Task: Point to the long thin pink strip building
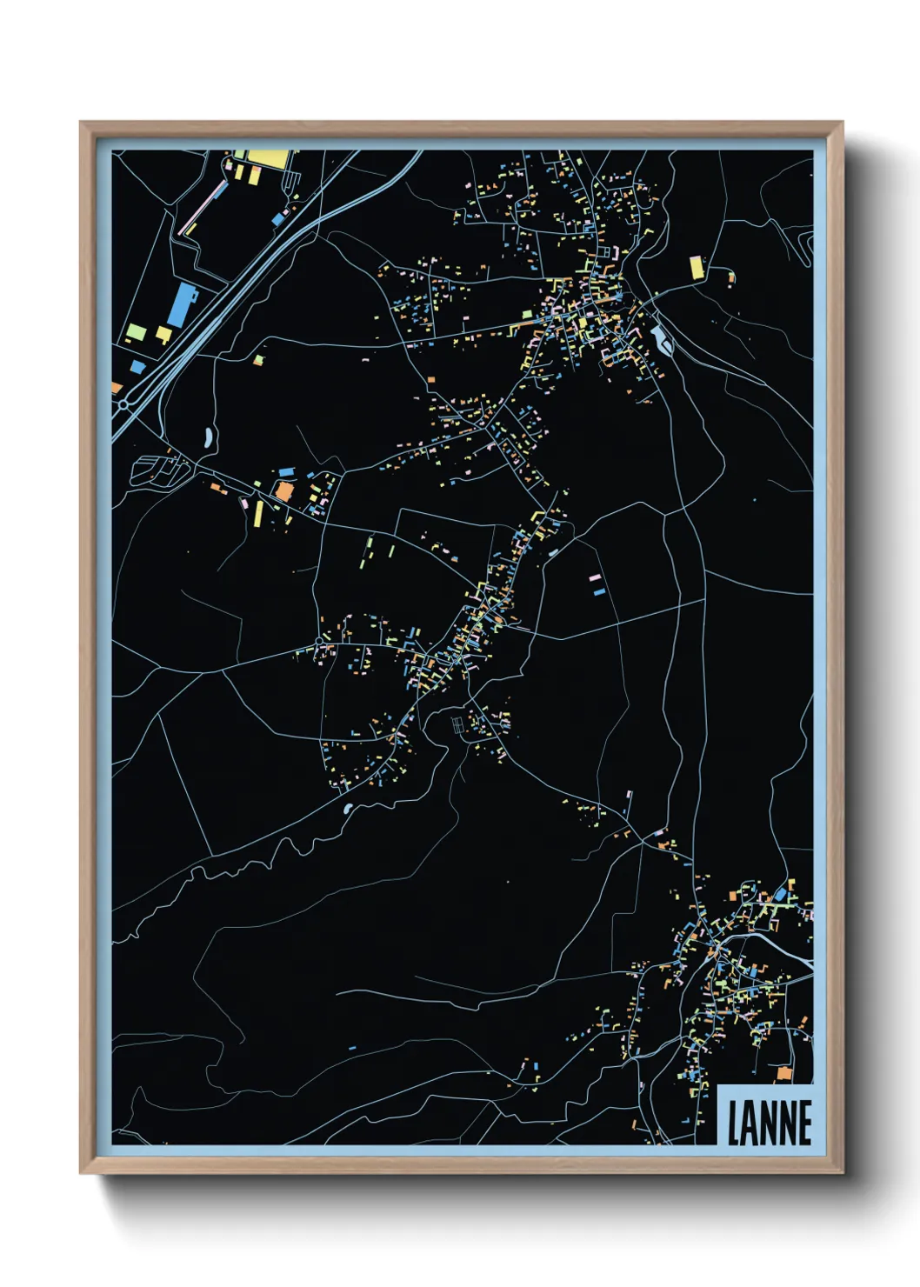[200, 209]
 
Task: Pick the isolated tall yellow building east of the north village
[696, 267]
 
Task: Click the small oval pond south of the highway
[208, 437]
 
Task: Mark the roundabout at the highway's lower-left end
[123, 404]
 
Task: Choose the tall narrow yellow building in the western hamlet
[258, 513]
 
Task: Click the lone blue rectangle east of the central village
[598, 592]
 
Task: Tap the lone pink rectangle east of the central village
[594, 577]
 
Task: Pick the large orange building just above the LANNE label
[784, 1074]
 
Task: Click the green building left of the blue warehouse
[136, 331]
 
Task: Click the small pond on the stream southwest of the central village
[348, 809]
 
